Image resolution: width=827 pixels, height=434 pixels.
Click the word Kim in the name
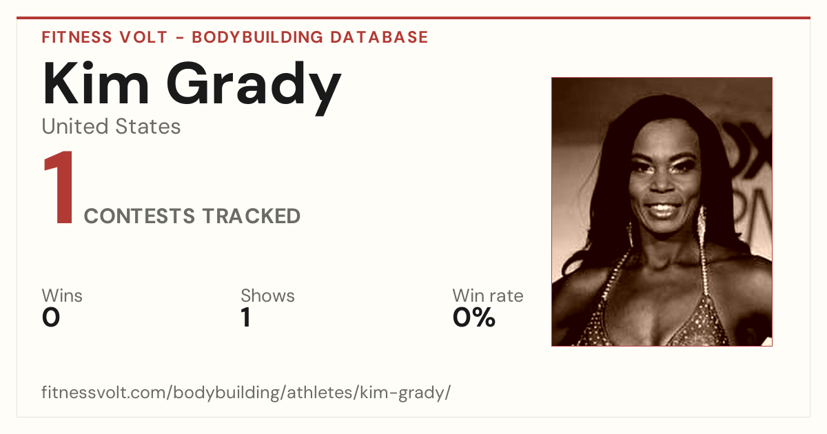pos(96,83)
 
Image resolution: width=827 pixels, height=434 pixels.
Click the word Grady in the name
pos(254,88)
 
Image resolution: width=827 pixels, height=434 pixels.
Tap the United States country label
pos(111,127)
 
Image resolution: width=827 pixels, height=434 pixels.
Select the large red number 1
pos(59,187)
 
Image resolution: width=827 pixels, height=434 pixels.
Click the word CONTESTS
pos(139,216)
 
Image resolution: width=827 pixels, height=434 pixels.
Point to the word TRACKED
pos(252,216)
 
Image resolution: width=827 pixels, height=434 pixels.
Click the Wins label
pos(62,296)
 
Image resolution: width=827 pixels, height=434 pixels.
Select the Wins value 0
pos(51,318)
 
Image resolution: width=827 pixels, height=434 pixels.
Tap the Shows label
pos(267,296)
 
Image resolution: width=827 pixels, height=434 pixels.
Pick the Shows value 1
pos(246,318)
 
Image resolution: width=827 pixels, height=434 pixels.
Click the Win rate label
pos(488,296)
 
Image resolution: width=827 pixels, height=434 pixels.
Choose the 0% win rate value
pos(474,318)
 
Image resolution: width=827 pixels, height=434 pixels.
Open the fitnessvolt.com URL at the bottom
pos(246,393)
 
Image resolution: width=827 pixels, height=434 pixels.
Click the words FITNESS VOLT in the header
pos(105,37)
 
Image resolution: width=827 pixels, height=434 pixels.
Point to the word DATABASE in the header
pos(379,37)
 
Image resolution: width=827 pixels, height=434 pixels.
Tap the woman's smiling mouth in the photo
pos(664,209)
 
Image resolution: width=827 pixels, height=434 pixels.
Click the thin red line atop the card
pos(413,18)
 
